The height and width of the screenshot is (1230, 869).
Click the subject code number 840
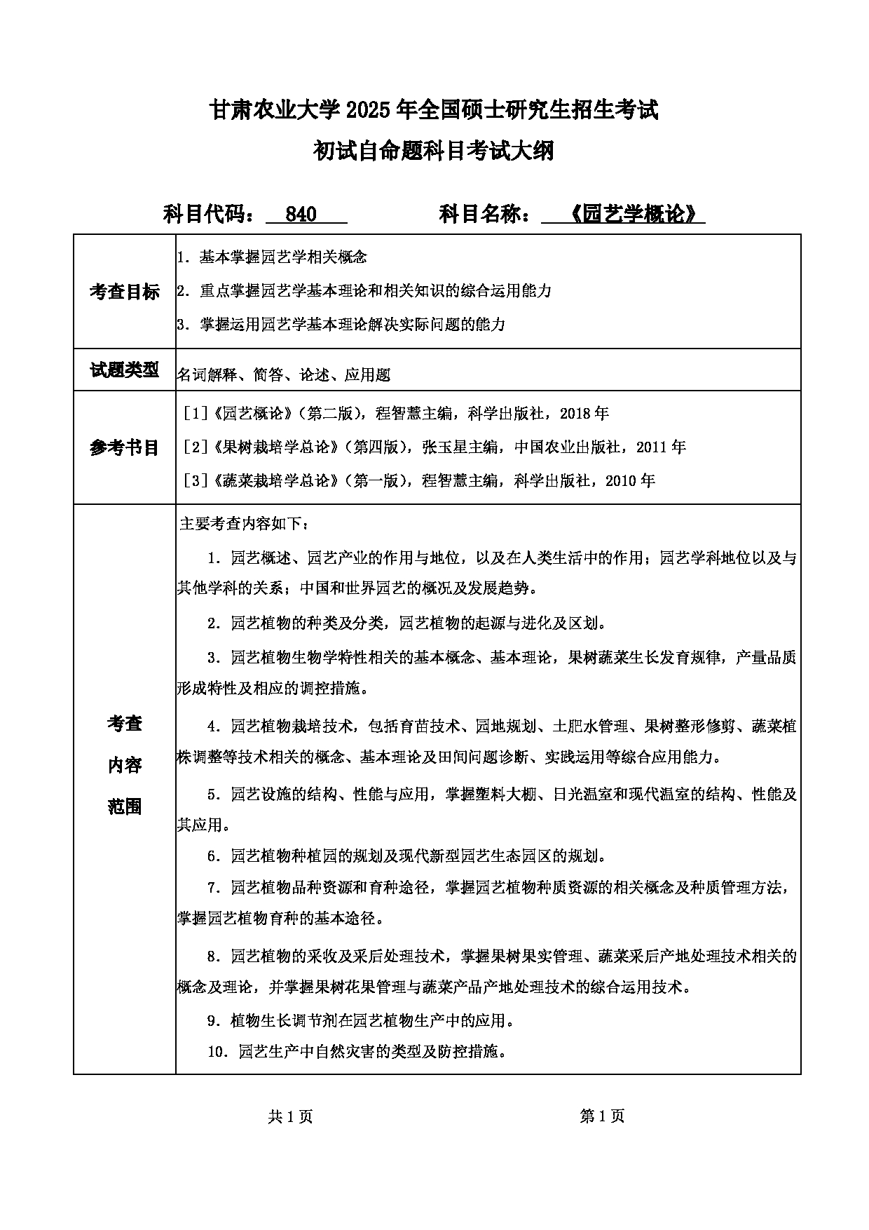[x=302, y=214]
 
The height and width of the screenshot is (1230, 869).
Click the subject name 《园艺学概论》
[x=631, y=214]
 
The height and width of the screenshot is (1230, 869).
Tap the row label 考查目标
[x=125, y=292]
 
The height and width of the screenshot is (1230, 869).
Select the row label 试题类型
[x=125, y=370]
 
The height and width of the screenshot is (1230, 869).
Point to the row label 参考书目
[x=125, y=447]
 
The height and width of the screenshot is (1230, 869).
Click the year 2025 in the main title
[x=369, y=109]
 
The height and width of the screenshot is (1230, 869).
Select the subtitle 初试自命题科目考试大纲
[x=434, y=150]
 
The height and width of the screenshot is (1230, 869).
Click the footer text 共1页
[x=290, y=1116]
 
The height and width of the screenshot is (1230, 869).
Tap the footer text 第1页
[x=602, y=1116]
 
